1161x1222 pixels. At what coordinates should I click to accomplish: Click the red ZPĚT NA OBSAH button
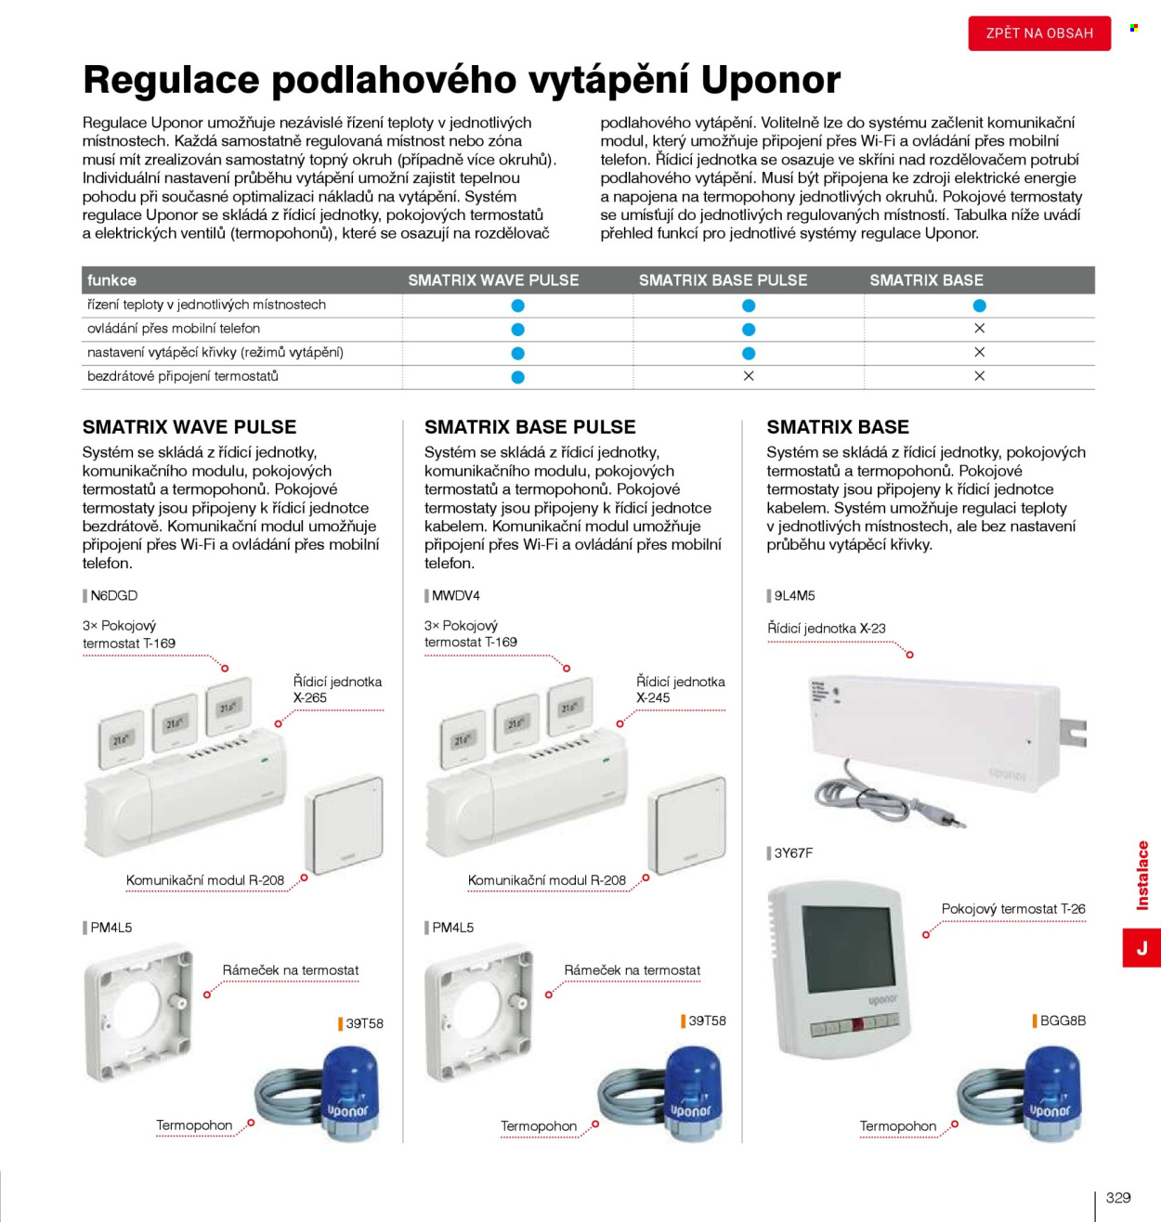1039,32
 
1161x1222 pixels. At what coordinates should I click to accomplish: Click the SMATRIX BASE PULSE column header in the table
723,280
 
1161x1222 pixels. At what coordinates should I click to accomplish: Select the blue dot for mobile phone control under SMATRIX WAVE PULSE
517,330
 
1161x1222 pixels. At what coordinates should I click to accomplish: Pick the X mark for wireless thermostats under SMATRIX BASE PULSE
749,376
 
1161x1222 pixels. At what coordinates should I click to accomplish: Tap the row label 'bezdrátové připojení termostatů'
183,376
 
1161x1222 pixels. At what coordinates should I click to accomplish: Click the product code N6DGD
114,595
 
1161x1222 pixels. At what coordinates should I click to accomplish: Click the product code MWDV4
456,595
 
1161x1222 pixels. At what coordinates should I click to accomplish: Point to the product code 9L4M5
794,595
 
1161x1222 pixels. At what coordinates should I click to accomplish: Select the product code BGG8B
1063,1020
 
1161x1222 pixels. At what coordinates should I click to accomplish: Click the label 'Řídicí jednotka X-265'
338,689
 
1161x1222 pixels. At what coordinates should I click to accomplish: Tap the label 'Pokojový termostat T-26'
1013,909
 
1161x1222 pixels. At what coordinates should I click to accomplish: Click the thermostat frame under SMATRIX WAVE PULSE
138,1014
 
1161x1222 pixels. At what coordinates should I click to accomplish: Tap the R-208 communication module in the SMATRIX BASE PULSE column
686,825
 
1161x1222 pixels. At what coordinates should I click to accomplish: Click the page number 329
1118,1198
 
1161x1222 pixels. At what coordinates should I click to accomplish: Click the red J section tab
1141,947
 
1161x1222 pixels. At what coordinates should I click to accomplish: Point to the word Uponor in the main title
771,80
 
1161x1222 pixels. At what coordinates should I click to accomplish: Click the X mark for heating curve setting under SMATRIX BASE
979,353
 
